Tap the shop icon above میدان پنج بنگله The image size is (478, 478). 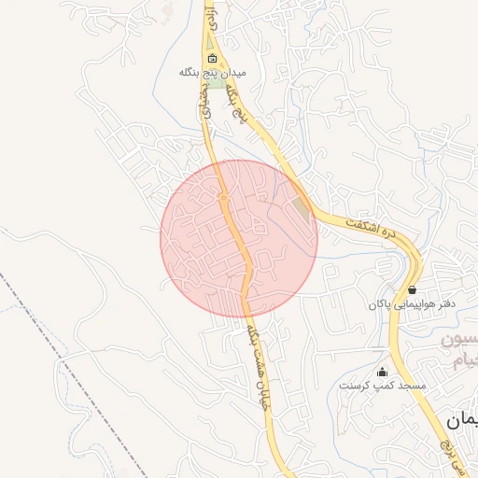point(213,58)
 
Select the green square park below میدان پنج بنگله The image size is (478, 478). point(216,83)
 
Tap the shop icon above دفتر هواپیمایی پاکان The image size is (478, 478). point(412,289)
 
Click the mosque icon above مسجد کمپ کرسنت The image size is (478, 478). point(381,372)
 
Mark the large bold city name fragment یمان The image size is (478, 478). point(461,421)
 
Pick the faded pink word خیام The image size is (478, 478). point(463,361)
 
